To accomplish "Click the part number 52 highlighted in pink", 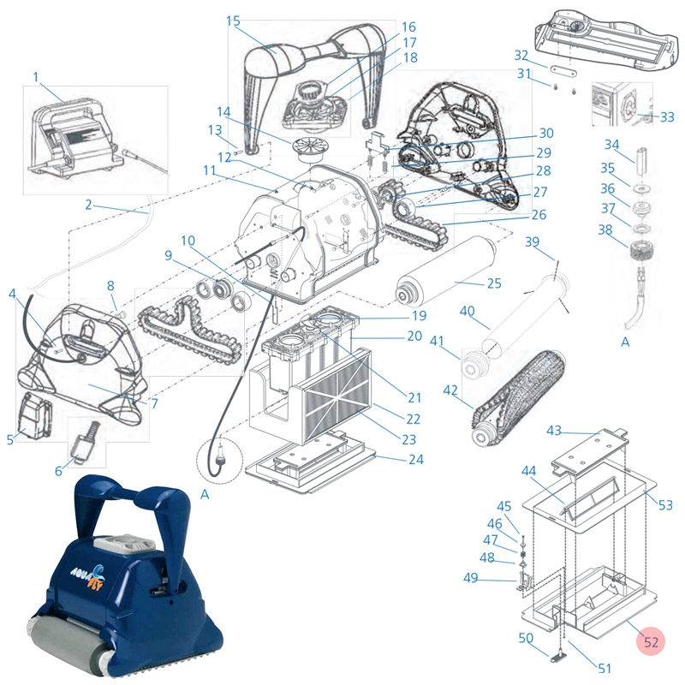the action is pyautogui.click(x=651, y=641).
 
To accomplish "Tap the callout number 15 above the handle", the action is pyautogui.click(x=233, y=21).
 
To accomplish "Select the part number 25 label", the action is pyautogui.click(x=494, y=283).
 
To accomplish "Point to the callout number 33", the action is pyautogui.click(x=667, y=117).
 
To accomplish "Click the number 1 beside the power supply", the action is pyautogui.click(x=36, y=77).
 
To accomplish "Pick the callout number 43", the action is pyautogui.click(x=554, y=431).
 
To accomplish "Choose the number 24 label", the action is pyautogui.click(x=416, y=459).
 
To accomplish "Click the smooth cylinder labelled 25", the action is pyautogui.click(x=445, y=271).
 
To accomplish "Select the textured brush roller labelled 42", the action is pyautogui.click(x=518, y=397).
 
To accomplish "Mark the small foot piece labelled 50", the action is pyautogui.click(x=557, y=656).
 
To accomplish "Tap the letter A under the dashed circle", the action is pyautogui.click(x=205, y=494).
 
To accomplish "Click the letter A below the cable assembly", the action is pyautogui.click(x=625, y=342).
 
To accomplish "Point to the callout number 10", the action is pyautogui.click(x=188, y=241).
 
